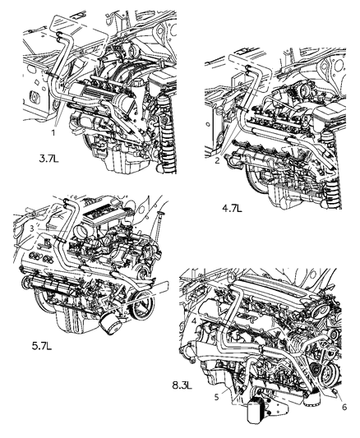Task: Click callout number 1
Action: point(53,131)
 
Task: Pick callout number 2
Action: point(215,161)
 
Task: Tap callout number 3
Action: point(31,227)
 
